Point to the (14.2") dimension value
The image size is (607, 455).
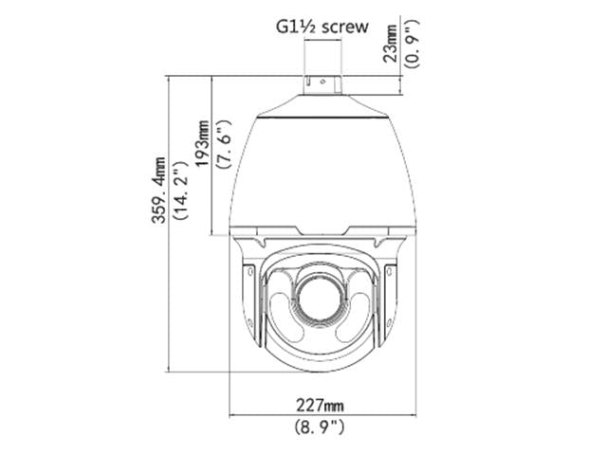tap(179, 191)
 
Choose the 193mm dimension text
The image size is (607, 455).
tap(200, 142)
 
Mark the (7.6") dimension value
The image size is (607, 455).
tap(222, 143)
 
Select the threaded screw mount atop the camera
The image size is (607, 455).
tap(323, 84)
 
